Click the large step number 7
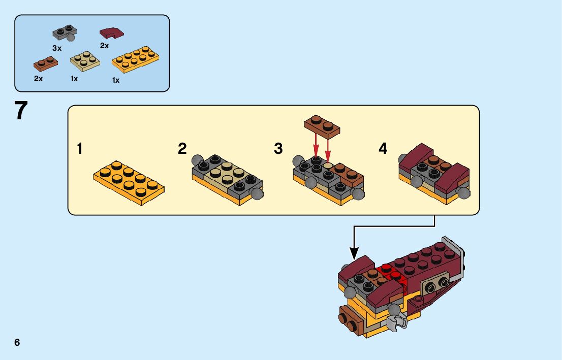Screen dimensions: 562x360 pos(21,111)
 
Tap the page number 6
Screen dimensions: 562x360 pos(17,342)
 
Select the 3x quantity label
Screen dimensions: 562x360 pos(56,48)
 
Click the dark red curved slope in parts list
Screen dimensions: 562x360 pos(112,34)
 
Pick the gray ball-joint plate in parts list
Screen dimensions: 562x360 pos(65,33)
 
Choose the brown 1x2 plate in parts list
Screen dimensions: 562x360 pos(45,63)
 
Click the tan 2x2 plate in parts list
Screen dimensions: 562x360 pos(84,61)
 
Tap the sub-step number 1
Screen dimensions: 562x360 pos(79,149)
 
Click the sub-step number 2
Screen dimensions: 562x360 pos(182,149)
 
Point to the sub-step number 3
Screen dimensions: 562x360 pos(278,149)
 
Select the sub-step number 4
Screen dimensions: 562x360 pos(383,149)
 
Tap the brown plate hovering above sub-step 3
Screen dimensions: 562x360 pos(322,125)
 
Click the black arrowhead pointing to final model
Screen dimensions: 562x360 pos(354,252)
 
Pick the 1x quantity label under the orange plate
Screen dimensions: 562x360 pos(116,80)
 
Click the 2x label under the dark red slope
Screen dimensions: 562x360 pos(104,46)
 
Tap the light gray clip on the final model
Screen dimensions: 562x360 pos(395,321)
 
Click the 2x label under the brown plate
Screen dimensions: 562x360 pos(38,79)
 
